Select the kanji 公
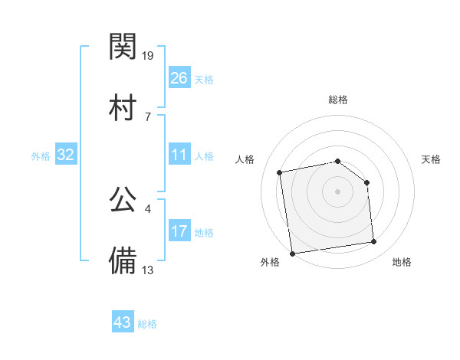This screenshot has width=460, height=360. (123, 200)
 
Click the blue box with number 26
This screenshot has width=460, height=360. (179, 77)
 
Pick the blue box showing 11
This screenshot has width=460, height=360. (179, 155)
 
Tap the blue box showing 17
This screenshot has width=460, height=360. (179, 231)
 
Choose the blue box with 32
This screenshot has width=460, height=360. (66, 155)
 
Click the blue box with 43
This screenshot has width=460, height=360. (123, 322)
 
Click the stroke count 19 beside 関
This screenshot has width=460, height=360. (148, 55)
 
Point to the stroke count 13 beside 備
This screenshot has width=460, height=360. (148, 270)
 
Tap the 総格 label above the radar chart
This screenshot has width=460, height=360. (338, 100)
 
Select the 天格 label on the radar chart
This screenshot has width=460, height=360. (432, 159)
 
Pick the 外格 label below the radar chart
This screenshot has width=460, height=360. (270, 262)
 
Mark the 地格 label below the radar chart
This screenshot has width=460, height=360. (402, 262)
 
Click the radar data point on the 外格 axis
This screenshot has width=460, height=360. (292, 253)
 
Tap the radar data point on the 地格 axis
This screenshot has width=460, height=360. (374, 242)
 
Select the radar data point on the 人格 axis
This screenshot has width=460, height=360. (281, 172)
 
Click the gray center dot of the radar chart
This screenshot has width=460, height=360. (337, 191)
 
